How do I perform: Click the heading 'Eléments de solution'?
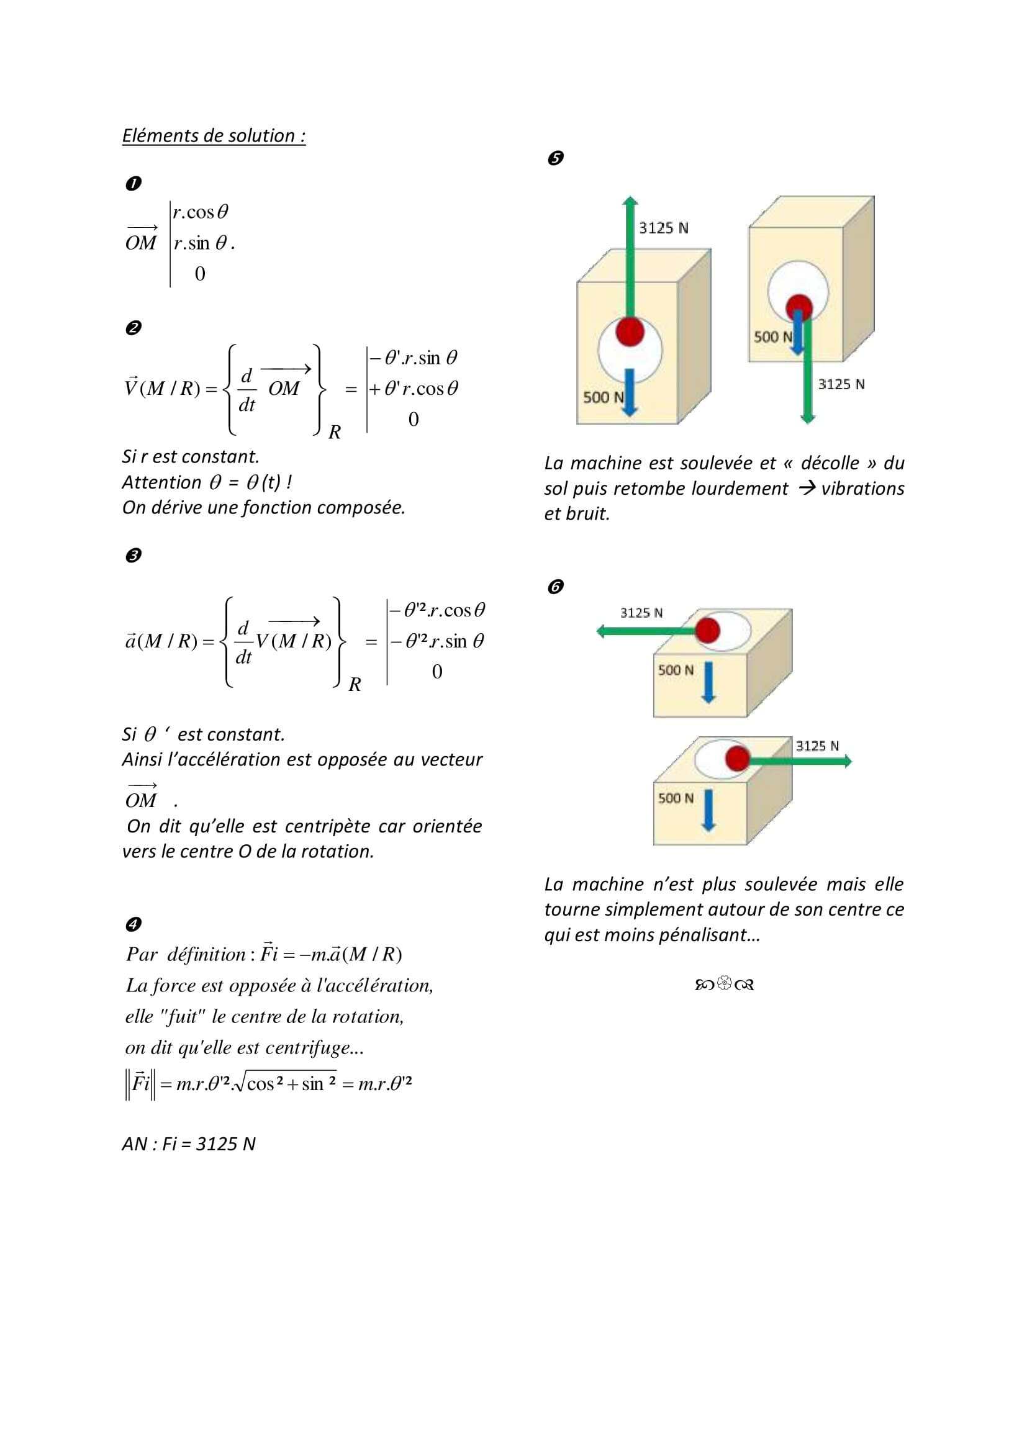(x=213, y=136)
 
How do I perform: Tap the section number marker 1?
(x=133, y=183)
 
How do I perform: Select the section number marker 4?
(x=133, y=924)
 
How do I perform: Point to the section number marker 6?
(x=555, y=587)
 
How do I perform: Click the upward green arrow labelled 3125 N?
(x=630, y=259)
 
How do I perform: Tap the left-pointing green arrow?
(x=645, y=631)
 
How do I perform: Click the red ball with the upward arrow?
(x=630, y=331)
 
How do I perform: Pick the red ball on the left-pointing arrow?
(x=707, y=630)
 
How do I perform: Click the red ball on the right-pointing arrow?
(x=738, y=758)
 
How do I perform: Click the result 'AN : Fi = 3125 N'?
(x=189, y=1144)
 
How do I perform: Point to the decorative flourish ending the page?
(x=724, y=985)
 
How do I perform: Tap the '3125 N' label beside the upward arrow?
(x=663, y=228)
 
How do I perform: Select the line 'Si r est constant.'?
(x=191, y=457)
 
